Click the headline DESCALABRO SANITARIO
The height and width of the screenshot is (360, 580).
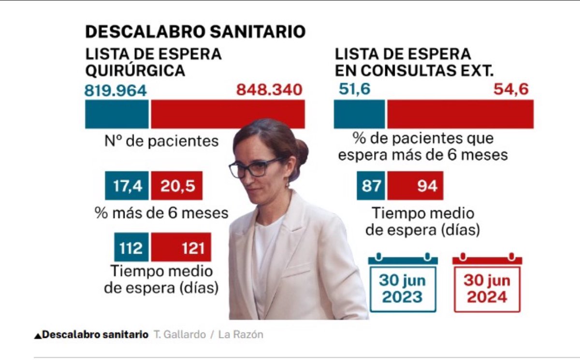[195, 32]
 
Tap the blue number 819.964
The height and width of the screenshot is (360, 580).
[116, 90]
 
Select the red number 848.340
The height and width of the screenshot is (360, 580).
[269, 90]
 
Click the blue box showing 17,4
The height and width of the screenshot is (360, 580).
[127, 186]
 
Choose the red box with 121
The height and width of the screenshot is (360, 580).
[181, 247]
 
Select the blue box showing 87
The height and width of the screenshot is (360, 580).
[371, 186]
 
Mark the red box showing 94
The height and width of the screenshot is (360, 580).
[415, 186]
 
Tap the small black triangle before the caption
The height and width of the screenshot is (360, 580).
[38, 335]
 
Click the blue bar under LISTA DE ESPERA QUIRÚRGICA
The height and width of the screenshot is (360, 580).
[116, 115]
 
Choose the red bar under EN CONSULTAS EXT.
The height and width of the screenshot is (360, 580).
[460, 115]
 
